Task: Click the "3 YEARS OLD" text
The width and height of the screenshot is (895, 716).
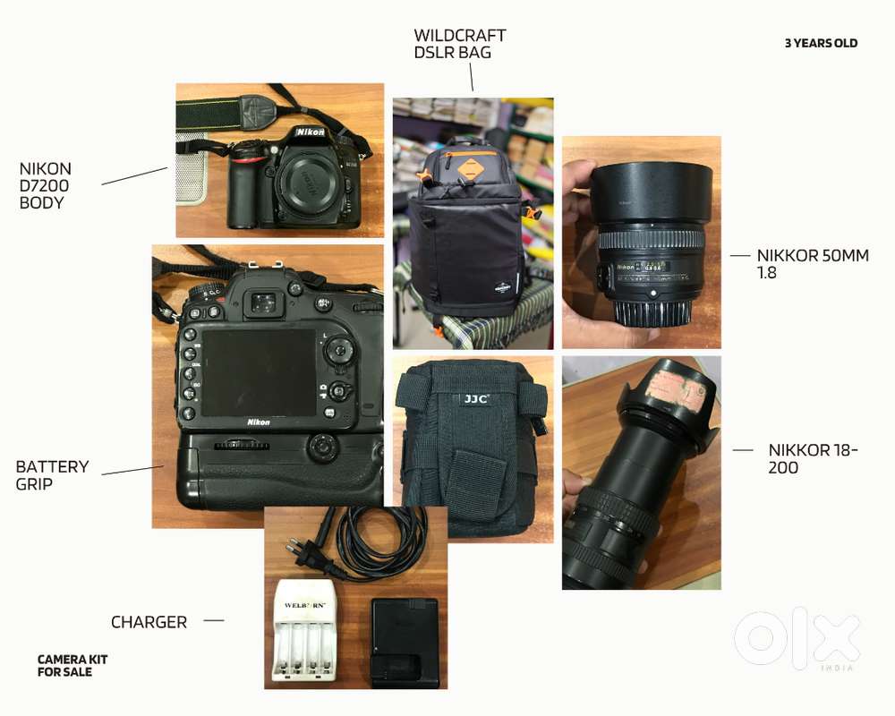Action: [821, 43]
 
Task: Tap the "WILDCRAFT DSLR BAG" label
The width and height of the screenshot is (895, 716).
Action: [459, 44]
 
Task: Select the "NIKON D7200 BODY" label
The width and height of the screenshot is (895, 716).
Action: [46, 185]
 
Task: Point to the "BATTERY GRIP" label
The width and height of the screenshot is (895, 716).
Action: [52, 475]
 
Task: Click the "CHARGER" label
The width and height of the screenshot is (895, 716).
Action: [149, 622]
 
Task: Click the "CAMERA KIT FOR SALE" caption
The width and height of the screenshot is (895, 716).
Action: [72, 665]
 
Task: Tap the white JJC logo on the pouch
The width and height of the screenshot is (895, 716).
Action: [475, 399]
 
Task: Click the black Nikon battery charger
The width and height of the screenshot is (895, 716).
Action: [405, 642]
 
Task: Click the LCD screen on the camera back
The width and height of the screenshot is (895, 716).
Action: [258, 371]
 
